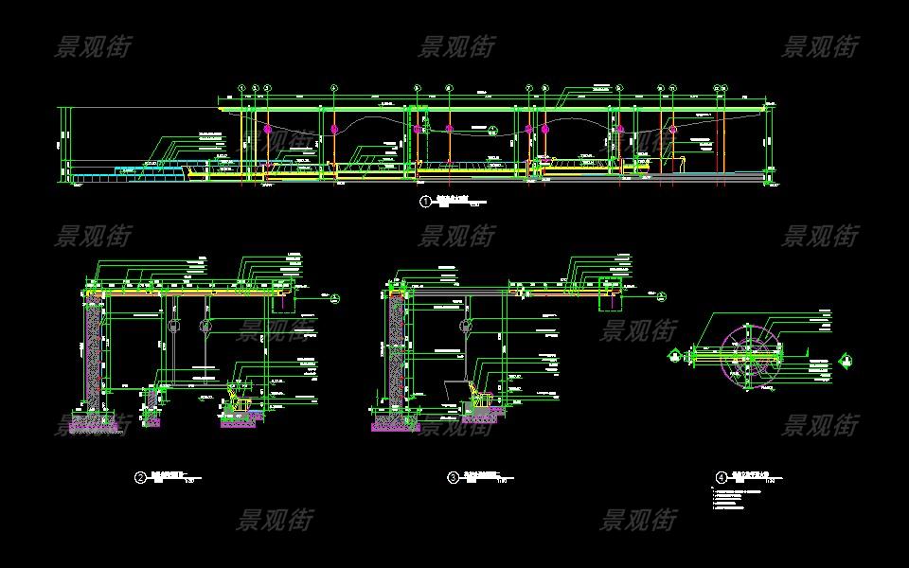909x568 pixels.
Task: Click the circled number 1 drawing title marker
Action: [425, 202]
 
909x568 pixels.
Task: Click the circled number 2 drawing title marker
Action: [140, 478]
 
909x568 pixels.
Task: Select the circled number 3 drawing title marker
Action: [453, 478]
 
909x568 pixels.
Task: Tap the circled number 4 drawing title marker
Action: [721, 478]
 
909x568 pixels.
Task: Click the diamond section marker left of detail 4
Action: [674, 356]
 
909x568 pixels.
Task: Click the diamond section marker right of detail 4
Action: [846, 359]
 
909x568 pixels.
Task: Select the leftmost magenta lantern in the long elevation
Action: [268, 129]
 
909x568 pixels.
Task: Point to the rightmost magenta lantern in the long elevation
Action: [673, 129]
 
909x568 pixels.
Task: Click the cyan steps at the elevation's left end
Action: [142, 171]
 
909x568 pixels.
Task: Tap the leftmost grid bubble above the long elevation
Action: [242, 88]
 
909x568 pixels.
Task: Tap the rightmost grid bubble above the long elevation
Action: [724, 88]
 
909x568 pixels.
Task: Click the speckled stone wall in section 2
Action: [93, 360]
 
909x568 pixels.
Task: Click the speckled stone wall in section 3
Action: [395, 355]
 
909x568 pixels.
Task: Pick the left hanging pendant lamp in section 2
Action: [173, 326]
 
